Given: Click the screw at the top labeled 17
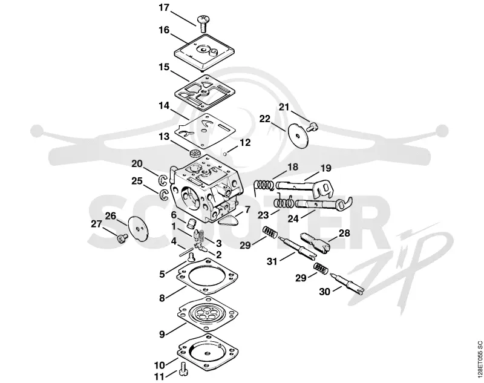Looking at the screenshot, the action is pos(203,23).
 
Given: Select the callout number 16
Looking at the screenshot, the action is pos(164,30).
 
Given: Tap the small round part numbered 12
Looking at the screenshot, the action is pos(226,153).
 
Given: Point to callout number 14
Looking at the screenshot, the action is pos(164,105).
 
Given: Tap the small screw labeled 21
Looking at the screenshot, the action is pos(313,126).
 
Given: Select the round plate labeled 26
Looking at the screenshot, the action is pos(138,228).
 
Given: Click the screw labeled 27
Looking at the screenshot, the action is pos(122,238).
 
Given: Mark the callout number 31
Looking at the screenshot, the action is pos(272,261).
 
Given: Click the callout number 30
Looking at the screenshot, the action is pos(324,292).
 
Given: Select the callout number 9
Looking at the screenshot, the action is pos(162,333).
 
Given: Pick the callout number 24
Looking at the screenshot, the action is pos(293,218).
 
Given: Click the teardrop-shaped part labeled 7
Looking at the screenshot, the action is pos(229,221).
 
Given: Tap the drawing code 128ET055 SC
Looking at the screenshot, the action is pos(479,358).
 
